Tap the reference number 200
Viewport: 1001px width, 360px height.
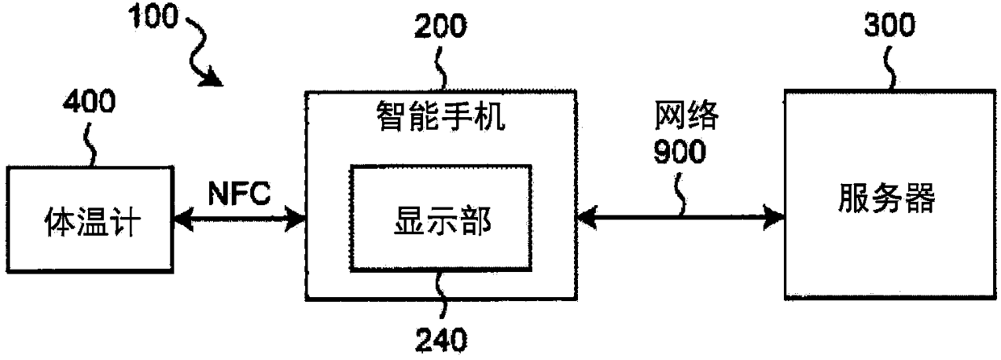pos(439,27)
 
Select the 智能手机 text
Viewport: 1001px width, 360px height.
pos(442,118)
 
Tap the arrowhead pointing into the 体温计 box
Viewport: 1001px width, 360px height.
pos(180,216)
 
